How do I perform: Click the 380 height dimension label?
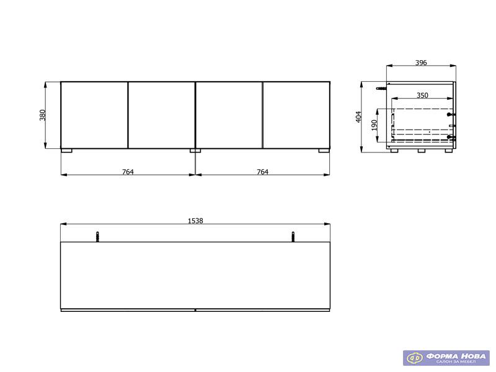[x=43, y=115]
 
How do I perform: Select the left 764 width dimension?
[x=128, y=172]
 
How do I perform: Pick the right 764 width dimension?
[x=262, y=172]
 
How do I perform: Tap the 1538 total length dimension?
[x=195, y=221]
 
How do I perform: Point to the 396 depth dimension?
[x=421, y=63]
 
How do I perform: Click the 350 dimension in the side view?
[x=422, y=95]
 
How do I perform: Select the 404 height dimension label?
[x=358, y=117]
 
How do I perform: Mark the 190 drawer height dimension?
[x=374, y=125]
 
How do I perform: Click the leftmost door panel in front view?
[x=94, y=115]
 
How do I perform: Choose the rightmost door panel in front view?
[x=296, y=115]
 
